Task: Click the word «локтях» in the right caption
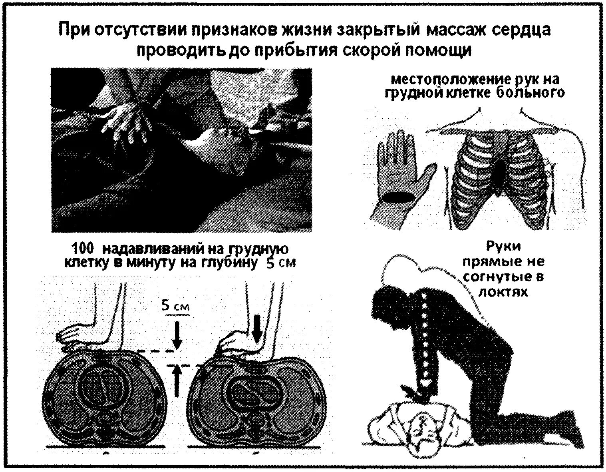tap(503, 292)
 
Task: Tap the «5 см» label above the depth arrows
tap(175, 307)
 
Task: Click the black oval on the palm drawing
tap(397, 197)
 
